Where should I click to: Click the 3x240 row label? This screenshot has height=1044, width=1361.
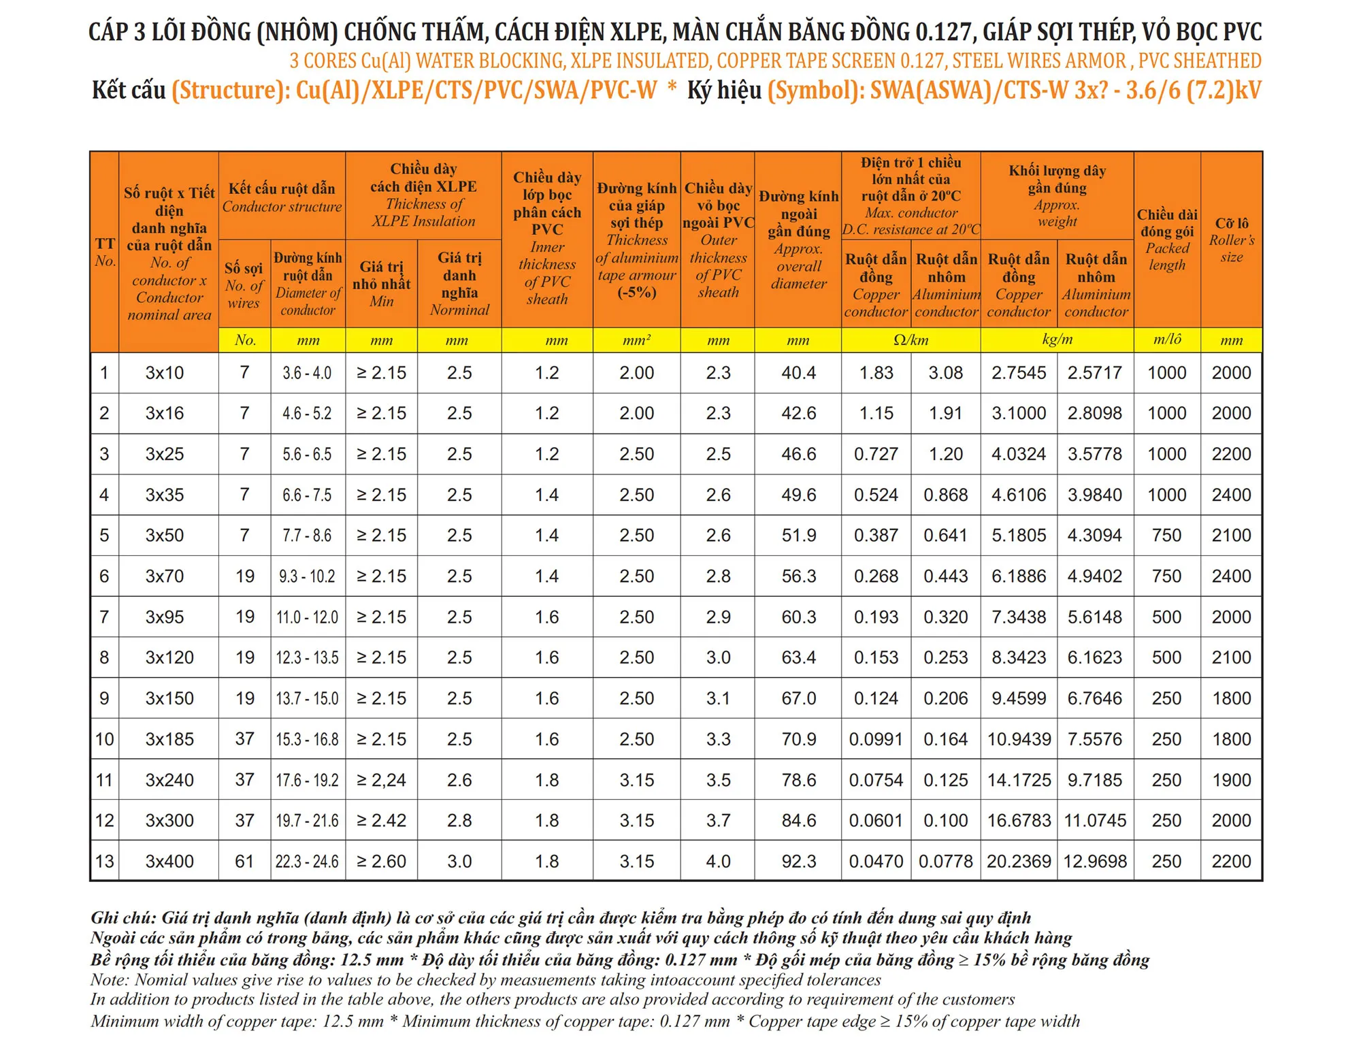point(169,780)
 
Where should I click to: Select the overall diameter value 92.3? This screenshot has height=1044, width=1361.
point(798,862)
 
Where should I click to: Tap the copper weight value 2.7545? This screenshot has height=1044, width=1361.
point(1018,373)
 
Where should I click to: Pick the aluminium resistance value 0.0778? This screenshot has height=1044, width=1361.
point(945,862)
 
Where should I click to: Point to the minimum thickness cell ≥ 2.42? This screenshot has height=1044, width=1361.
point(381,821)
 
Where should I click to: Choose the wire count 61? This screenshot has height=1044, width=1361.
point(244,862)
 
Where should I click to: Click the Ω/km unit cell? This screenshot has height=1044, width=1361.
point(911,340)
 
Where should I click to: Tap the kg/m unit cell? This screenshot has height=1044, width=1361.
point(1057,340)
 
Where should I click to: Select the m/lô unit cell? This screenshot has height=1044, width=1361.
point(1166,340)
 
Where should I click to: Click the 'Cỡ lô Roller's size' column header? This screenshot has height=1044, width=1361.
point(1231,240)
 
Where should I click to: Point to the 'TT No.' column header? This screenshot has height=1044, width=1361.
point(105,252)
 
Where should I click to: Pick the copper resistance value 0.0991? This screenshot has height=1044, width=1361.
point(876,739)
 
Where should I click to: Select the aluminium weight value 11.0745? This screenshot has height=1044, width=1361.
point(1095,821)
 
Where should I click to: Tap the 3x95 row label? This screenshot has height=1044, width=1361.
point(165,617)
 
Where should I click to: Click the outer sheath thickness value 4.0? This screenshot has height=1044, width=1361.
point(718,862)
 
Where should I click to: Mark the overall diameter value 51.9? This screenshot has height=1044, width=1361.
point(798,536)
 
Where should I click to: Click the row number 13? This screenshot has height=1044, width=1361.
point(105,862)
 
